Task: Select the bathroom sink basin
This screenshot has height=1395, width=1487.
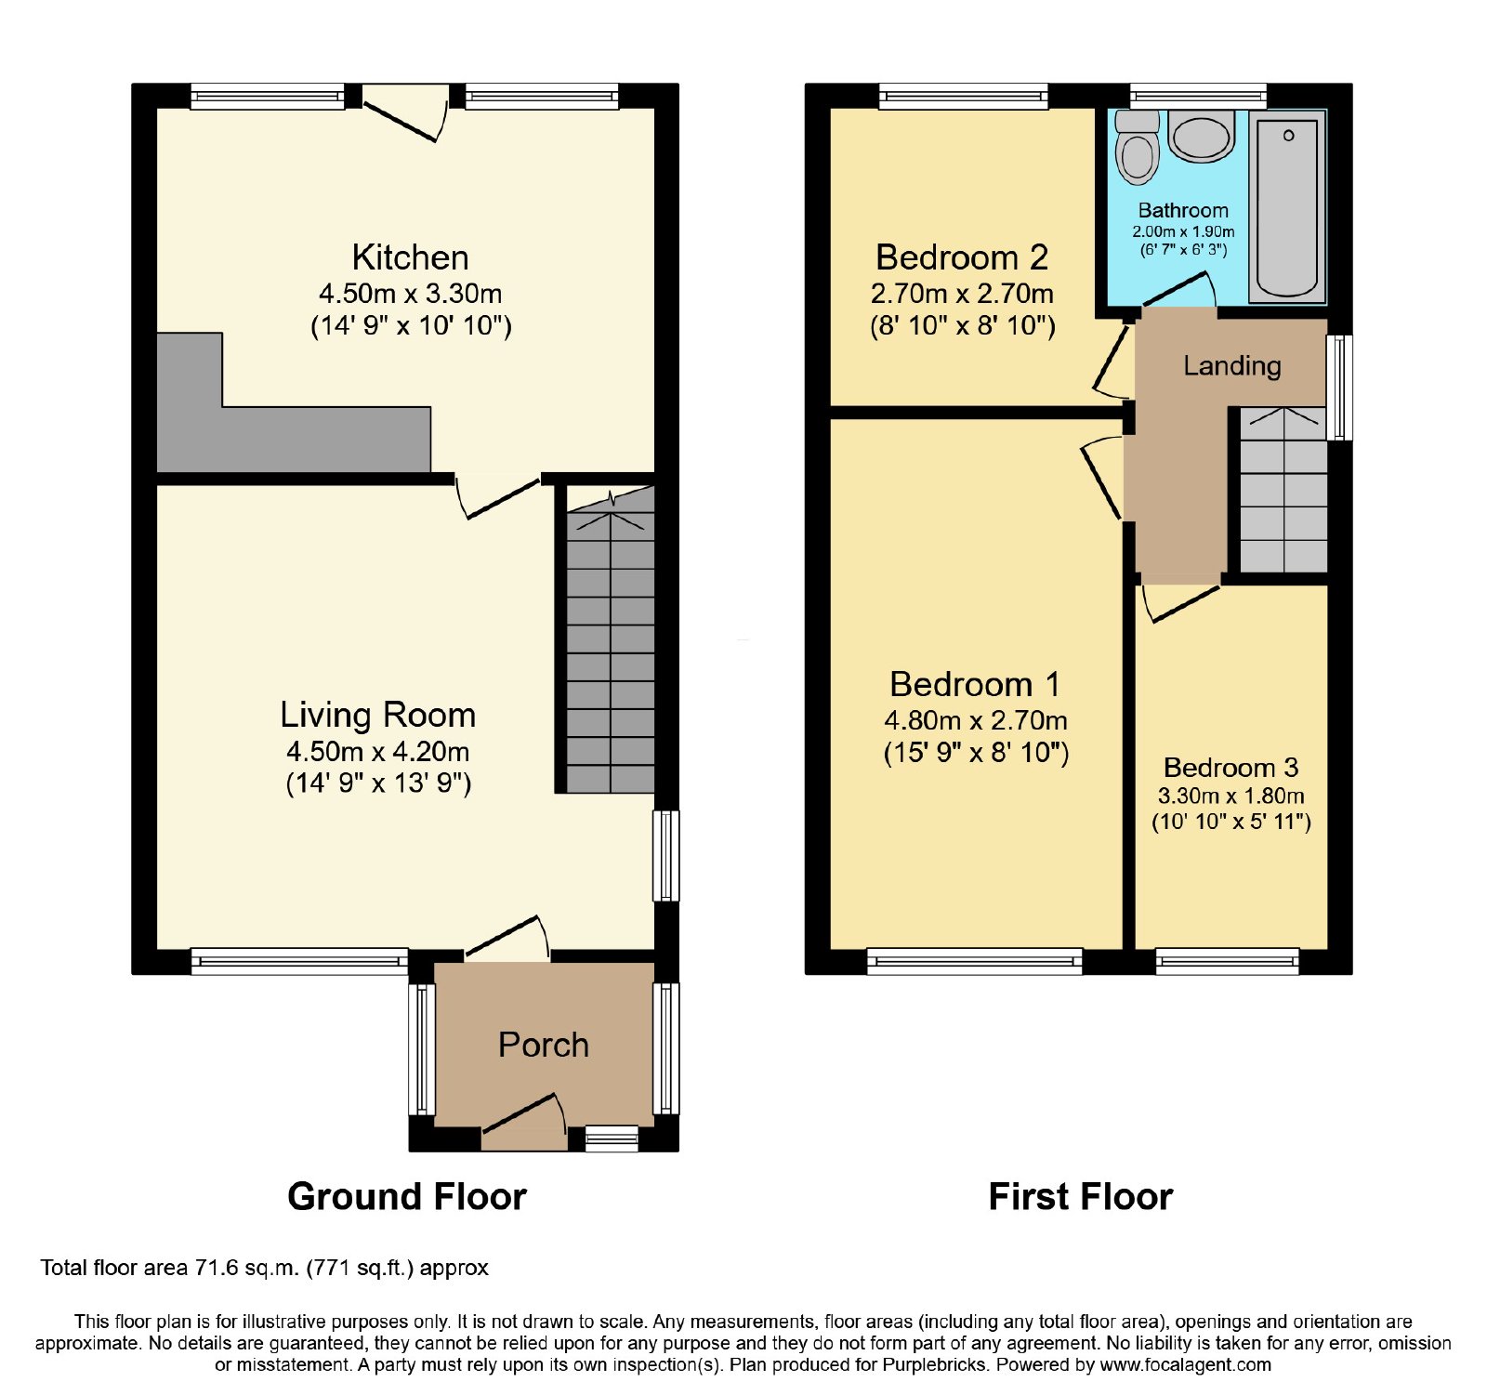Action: [1202, 137]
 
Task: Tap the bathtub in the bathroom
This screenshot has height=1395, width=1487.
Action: [1287, 207]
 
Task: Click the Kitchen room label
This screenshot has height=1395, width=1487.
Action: [410, 257]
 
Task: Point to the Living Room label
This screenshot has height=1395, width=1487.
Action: [378, 715]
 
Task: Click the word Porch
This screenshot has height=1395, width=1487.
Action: [544, 1045]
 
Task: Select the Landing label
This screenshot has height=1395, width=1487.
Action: [1232, 366]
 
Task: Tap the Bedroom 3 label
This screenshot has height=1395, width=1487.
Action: [1230, 768]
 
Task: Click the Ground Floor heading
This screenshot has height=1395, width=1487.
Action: [407, 1197]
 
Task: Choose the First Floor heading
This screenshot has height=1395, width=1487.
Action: [1081, 1197]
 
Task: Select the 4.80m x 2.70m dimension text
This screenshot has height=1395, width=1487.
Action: [976, 720]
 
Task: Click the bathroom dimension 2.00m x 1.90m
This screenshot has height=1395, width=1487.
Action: [1183, 231]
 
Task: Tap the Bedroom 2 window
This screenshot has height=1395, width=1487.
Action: [964, 96]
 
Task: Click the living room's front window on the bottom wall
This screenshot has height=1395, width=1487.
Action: [299, 961]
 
